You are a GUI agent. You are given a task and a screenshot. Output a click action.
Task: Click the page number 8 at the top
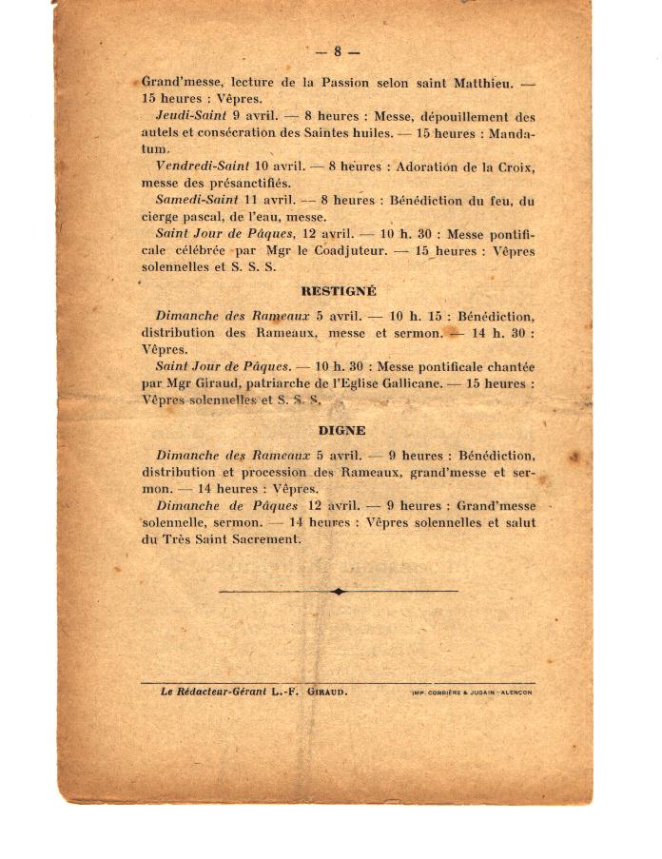pos(338,51)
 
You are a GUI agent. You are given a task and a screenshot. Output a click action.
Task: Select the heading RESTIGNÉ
pos(338,291)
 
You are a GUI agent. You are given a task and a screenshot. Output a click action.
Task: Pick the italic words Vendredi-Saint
pos(202,166)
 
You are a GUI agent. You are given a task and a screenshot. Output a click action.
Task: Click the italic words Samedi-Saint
pos(195,201)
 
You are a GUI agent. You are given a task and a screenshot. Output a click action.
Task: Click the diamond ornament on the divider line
pos(338,591)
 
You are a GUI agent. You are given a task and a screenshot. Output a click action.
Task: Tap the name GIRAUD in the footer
pos(326,692)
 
